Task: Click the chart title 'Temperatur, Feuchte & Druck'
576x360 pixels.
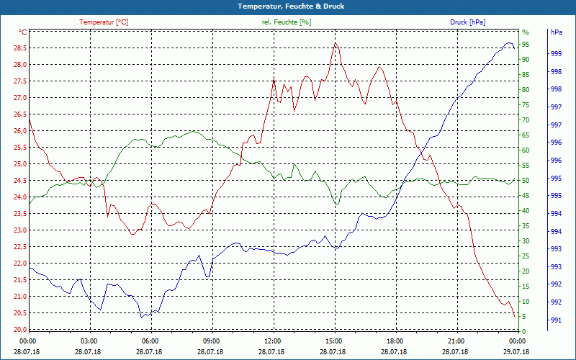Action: [x=288, y=6]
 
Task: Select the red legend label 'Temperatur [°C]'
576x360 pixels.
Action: [x=104, y=22]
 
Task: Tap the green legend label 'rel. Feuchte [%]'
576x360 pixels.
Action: [x=287, y=22]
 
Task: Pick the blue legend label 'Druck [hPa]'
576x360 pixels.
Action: [x=467, y=22]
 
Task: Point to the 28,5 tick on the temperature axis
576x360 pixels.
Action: [x=19, y=48]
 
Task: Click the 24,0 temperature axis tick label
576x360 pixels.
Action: [x=19, y=197]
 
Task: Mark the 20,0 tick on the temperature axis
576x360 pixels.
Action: [x=19, y=330]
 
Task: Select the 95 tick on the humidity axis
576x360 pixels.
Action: [x=526, y=45]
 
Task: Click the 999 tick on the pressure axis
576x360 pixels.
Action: [x=556, y=54]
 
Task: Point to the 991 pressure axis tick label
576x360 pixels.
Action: [x=556, y=320]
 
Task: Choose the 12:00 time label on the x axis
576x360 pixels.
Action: [x=273, y=341]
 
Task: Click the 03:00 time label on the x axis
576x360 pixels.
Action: [x=89, y=341]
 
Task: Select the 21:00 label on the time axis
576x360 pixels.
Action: [x=456, y=341]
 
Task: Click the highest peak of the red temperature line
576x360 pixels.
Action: [x=335, y=42]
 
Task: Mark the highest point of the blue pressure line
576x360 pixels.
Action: [x=509, y=43]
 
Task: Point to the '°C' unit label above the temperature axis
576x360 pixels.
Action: [x=23, y=32]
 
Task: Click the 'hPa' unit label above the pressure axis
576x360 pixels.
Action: [x=557, y=32]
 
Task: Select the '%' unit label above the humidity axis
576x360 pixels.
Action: [x=526, y=32]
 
